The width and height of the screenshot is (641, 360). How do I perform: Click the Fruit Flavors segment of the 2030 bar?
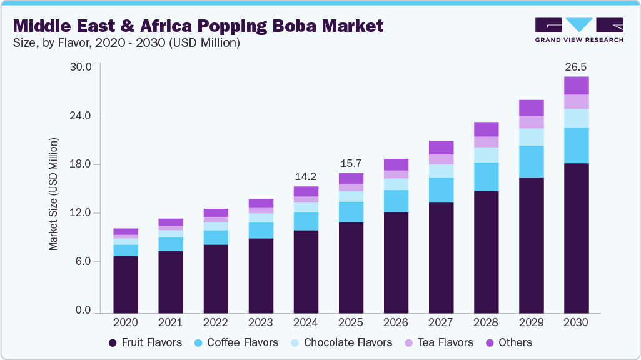click(576, 237)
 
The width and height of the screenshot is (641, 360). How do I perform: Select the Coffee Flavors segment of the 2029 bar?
click(531, 161)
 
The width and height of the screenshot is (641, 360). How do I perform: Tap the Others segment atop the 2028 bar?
click(486, 129)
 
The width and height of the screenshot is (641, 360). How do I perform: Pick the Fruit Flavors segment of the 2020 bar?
click(126, 284)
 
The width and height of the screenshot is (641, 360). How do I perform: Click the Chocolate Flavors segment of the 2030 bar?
click(576, 118)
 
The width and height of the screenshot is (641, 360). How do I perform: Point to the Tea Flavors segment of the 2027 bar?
click(441, 159)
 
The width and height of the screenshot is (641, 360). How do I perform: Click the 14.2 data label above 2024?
click(306, 176)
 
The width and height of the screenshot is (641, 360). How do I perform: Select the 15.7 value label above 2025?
click(351, 163)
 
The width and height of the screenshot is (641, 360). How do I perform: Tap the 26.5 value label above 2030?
click(576, 67)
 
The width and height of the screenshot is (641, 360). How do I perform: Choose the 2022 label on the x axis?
click(216, 322)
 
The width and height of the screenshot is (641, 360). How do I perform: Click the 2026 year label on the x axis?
click(396, 322)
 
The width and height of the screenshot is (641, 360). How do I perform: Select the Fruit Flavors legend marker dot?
click(113, 342)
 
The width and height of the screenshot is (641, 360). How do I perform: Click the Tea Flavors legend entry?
click(445, 342)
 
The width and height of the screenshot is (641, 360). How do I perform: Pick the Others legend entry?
click(509, 342)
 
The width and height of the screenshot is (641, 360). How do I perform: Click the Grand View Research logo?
click(579, 30)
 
